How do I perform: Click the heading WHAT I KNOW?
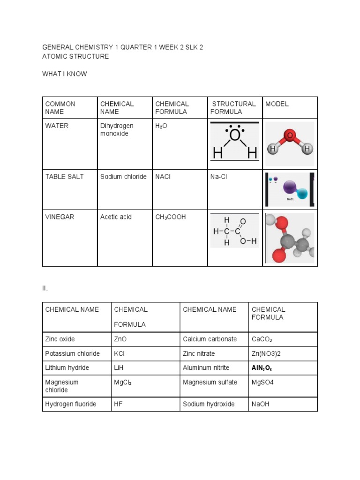65,74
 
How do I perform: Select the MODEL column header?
277,104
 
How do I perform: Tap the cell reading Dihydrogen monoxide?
117,130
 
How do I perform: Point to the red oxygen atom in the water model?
290,136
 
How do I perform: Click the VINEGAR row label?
60,217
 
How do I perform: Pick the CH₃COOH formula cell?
171,217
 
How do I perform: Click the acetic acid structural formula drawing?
234,231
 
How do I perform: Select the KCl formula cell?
119,353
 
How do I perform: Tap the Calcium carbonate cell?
210,339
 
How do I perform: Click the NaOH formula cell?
261,404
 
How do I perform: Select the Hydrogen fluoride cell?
71,404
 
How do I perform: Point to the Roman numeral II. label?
45,288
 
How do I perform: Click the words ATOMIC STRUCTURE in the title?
75,56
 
